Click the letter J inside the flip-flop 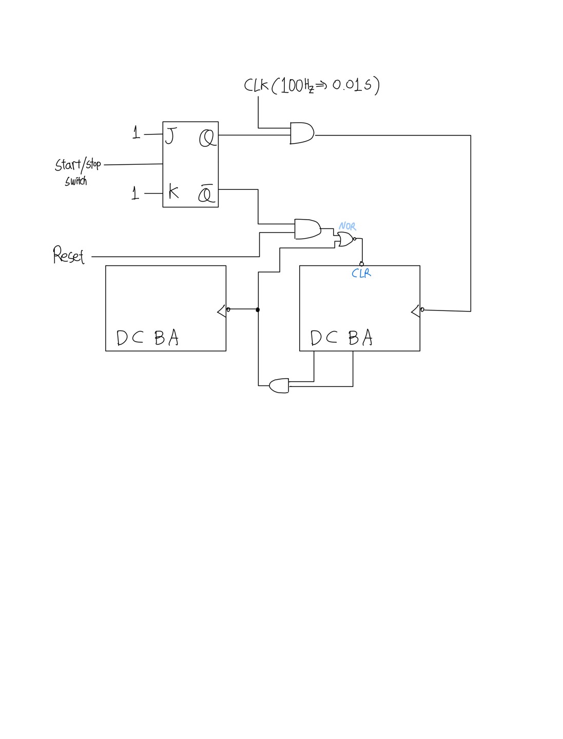(170, 137)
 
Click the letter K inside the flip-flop (173, 192)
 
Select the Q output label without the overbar (207, 139)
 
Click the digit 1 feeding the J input (136, 133)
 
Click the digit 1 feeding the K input (135, 193)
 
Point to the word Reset (68, 255)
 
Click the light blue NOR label (347, 226)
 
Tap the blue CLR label (361, 274)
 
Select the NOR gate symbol (345, 239)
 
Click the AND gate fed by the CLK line (302, 133)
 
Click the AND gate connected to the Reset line (307, 229)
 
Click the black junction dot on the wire (258, 309)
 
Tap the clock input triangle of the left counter (222, 310)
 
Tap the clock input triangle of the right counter (416, 310)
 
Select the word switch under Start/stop (76, 181)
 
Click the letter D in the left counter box (122, 338)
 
